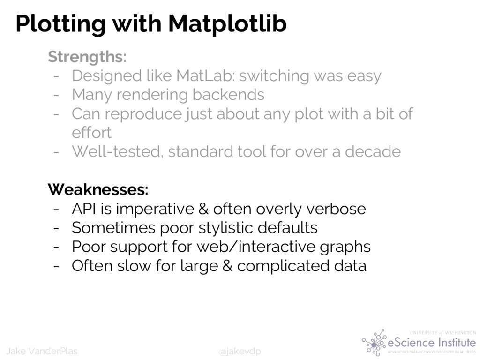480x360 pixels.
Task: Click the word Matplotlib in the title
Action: tap(227, 23)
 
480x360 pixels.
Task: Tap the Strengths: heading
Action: tap(87, 57)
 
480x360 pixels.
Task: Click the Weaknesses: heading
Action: tap(98, 189)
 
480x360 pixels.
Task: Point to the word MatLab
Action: tap(205, 75)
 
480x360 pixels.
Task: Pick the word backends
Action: tap(228, 94)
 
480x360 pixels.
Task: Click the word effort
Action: tap(91, 132)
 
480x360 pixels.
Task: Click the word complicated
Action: tap(284, 266)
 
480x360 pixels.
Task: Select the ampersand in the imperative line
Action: tap(203, 209)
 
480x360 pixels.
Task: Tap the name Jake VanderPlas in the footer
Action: tap(42, 351)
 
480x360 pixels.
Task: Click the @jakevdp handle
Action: tap(240, 351)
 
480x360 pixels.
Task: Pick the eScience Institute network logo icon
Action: tap(374, 343)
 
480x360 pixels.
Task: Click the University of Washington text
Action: tap(442, 333)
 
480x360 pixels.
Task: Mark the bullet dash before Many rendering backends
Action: tap(56, 95)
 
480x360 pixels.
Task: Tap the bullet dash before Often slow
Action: tap(56, 266)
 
